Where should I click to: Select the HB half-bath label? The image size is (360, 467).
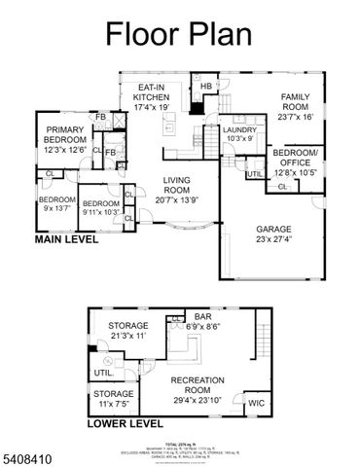coord(205,87)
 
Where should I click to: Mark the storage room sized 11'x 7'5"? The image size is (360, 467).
coord(114,397)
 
